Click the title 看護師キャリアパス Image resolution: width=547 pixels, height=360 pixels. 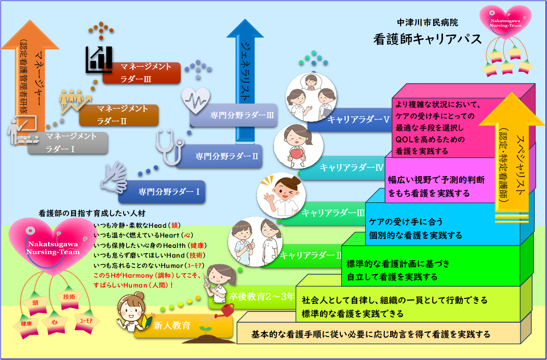[427, 39]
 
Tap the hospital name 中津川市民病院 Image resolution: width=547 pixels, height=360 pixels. [427, 22]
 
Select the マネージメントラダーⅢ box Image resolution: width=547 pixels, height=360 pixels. [141, 73]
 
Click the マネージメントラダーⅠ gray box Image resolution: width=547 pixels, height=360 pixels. [68, 143]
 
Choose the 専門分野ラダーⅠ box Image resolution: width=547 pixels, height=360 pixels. [162, 191]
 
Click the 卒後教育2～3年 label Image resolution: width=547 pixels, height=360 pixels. [261, 296]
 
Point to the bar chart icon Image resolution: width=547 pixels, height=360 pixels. [98, 59]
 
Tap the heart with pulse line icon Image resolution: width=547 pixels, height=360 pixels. [195, 100]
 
